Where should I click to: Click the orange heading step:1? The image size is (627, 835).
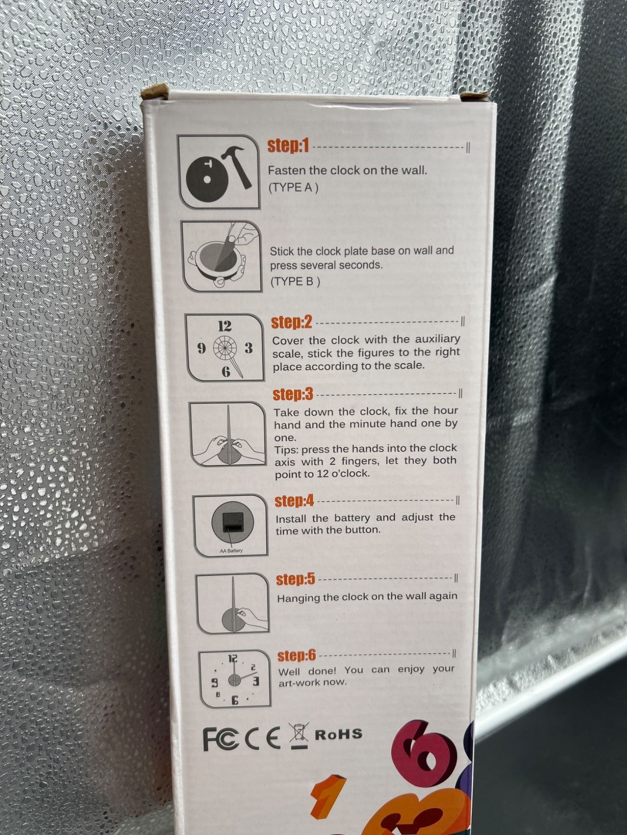point(288,146)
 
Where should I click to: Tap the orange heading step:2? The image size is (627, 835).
point(292,322)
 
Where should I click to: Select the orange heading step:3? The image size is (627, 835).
point(293,394)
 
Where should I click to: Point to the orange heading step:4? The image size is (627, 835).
point(294,501)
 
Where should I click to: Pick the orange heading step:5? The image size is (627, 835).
point(295,579)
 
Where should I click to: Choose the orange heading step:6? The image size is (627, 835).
point(297,655)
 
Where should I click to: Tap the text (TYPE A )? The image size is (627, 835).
point(293,188)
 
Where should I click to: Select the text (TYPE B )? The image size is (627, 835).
point(295,281)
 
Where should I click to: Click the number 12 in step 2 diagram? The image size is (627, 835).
point(225,326)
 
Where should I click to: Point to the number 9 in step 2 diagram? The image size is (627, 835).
point(202,348)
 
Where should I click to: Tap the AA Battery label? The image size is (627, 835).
point(231,551)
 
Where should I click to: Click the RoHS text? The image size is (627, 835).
point(339,734)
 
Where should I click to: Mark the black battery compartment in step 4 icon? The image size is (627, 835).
point(233,522)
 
